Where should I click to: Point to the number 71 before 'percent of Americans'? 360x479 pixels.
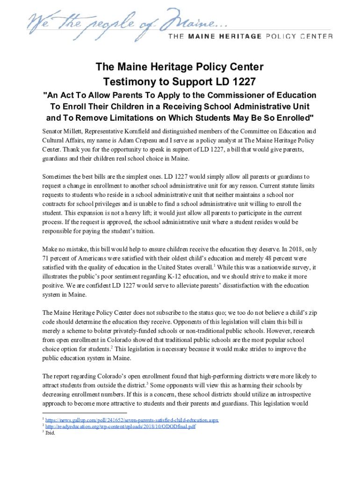point(45,258)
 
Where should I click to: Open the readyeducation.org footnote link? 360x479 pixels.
point(120,427)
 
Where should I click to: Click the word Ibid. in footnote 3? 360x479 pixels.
point(50,433)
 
